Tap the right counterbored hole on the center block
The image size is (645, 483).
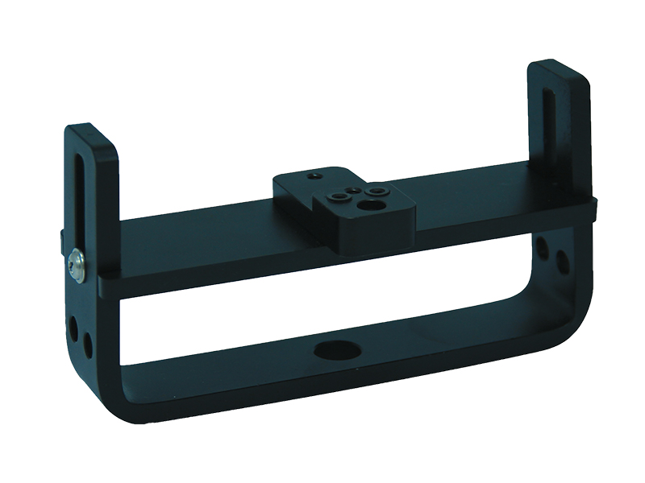pos(375,192)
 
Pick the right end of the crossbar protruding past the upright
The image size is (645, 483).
pos(594,208)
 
